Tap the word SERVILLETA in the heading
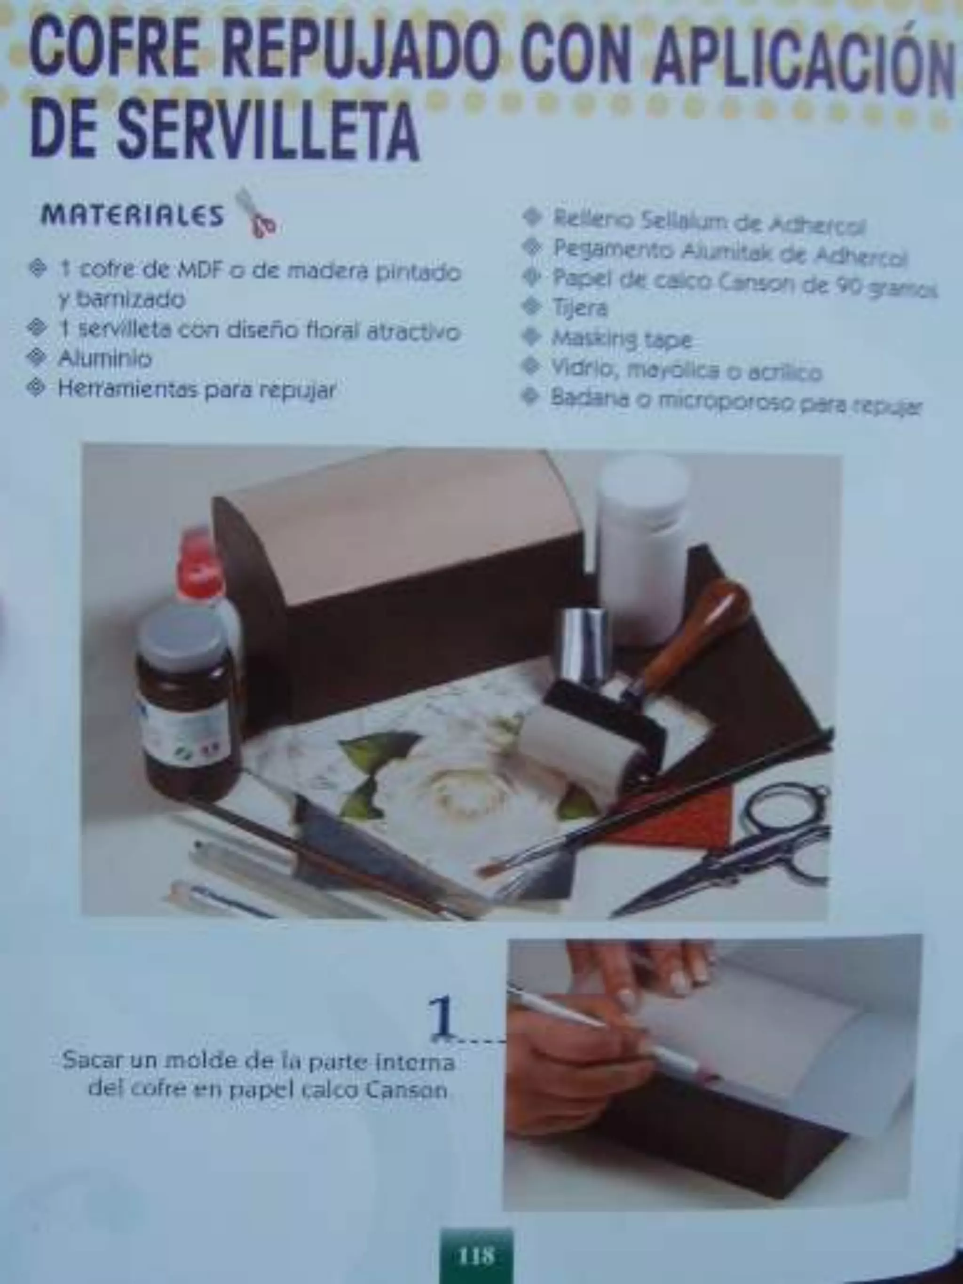click(267, 131)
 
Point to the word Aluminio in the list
click(104, 359)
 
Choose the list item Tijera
click(580, 307)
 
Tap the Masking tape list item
click(622, 339)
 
